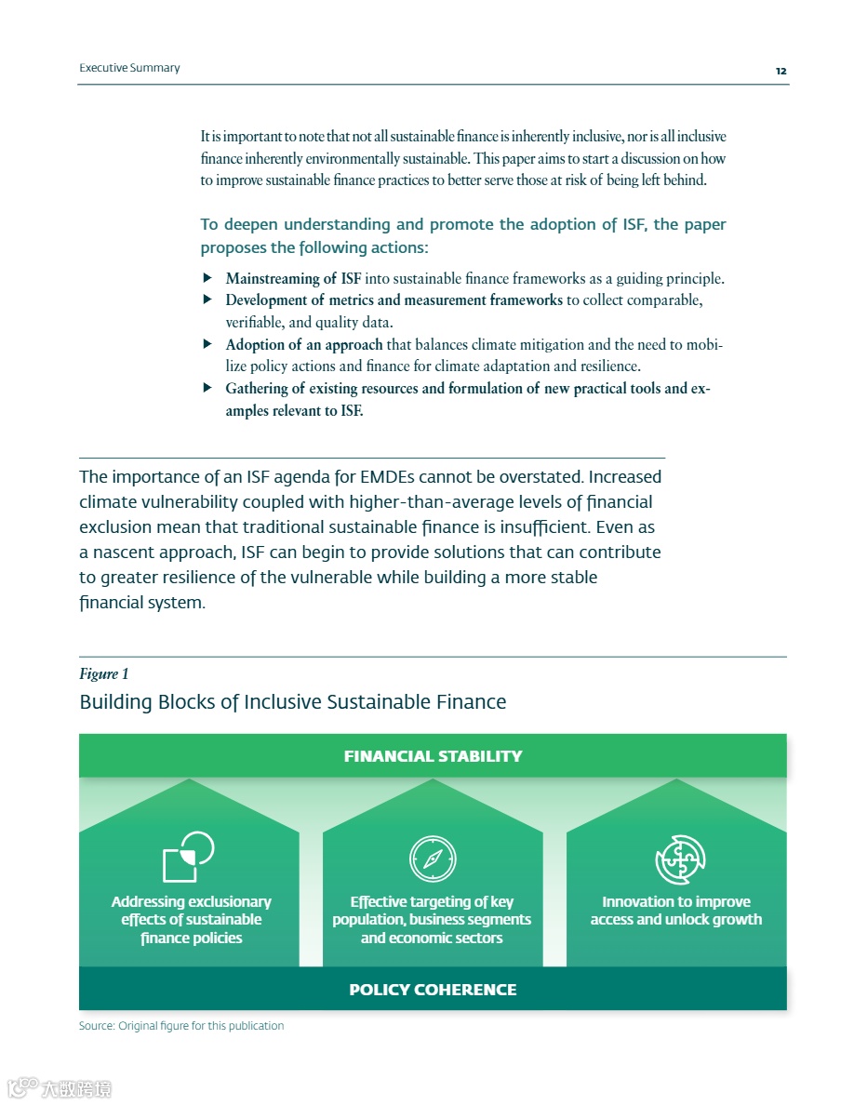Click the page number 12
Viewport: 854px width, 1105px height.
tap(781, 71)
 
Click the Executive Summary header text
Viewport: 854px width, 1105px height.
tap(129, 68)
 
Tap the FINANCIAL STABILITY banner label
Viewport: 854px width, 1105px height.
tap(433, 756)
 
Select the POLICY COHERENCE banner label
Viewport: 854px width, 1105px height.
tap(433, 990)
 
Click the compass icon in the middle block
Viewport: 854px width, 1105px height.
tap(433, 859)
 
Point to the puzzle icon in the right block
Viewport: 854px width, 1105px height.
tap(680, 859)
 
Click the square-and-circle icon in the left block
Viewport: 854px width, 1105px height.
tap(188, 857)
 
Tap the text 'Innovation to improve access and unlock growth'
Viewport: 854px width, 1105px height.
tap(676, 911)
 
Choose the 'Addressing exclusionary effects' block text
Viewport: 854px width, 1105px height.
tap(191, 920)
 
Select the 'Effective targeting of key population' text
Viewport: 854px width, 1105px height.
tap(432, 920)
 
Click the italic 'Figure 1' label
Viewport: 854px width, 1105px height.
tap(99, 673)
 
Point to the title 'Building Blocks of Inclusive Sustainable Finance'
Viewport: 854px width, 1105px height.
tap(292, 701)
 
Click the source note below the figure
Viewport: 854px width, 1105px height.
tap(181, 1026)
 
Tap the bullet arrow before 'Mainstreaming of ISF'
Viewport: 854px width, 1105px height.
tap(207, 278)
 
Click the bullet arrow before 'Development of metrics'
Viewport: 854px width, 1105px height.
tap(207, 300)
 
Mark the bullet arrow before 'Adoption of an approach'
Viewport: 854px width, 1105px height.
tap(207, 344)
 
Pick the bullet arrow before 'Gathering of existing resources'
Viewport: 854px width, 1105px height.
tap(207, 388)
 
